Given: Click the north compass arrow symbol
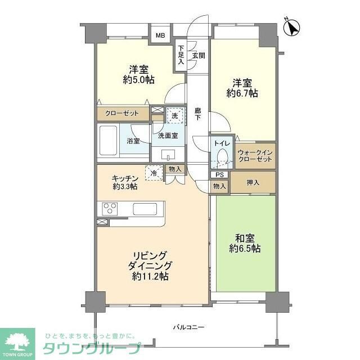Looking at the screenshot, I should coord(293,27).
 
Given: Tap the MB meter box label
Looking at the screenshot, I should coord(160,36).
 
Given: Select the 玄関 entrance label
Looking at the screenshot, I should coord(198,55).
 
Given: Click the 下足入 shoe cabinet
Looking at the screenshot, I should coord(181,55).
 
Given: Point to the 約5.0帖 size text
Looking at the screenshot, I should coord(138,80).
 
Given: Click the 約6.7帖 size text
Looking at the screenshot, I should coord(242,94).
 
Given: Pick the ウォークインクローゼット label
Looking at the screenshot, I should coord(255,156).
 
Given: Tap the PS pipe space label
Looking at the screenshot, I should coord(219,175).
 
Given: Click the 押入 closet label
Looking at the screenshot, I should coord(254,182).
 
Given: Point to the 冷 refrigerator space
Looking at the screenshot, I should coord(153,173).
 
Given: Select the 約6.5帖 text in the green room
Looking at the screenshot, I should coord(244,248).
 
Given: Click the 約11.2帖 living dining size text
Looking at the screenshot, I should coord(149,276).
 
